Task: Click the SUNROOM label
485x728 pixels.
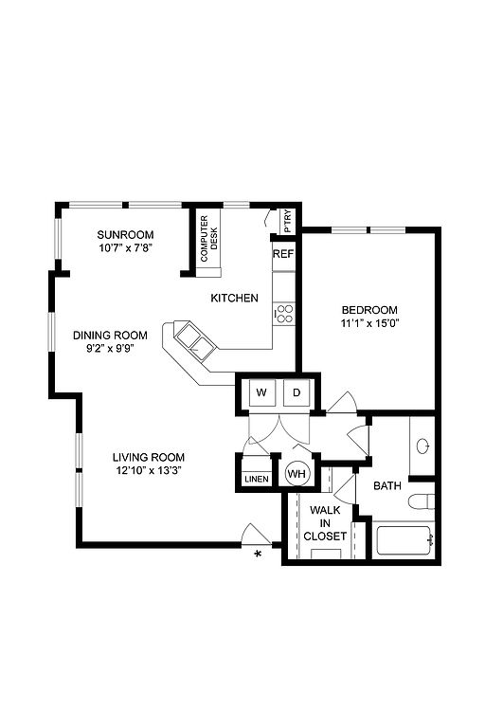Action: pyautogui.click(x=125, y=234)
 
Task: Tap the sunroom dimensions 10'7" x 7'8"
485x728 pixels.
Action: pyautogui.click(x=125, y=247)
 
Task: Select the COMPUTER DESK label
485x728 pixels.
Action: pyautogui.click(x=208, y=239)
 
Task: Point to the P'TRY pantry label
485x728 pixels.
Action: pyautogui.click(x=288, y=222)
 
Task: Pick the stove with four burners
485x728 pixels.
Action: pyautogui.click(x=284, y=313)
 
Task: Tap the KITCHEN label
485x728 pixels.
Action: pyautogui.click(x=234, y=298)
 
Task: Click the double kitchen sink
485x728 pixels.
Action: pyautogui.click(x=194, y=341)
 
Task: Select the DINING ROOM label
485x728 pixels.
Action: pyautogui.click(x=110, y=335)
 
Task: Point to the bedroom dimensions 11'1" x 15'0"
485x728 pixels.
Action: pyautogui.click(x=369, y=323)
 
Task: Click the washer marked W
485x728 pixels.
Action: pyautogui.click(x=261, y=392)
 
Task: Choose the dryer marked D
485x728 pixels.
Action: pyautogui.click(x=296, y=392)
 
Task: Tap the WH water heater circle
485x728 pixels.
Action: pyautogui.click(x=296, y=474)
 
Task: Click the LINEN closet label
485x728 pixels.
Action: pyautogui.click(x=256, y=479)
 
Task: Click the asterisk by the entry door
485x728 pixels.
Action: pyautogui.click(x=258, y=554)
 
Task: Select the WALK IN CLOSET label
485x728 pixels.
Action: pyautogui.click(x=325, y=523)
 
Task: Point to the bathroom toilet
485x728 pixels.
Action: pyautogui.click(x=421, y=501)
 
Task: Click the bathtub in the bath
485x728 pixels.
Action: pyautogui.click(x=404, y=540)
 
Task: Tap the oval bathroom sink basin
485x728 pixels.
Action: pyautogui.click(x=422, y=446)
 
